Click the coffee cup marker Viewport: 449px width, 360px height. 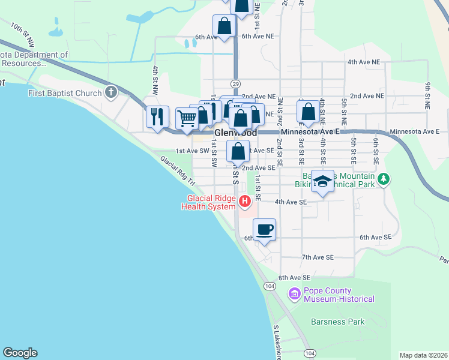(264, 229)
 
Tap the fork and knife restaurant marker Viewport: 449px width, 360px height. (157, 116)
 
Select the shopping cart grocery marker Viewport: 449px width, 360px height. (187, 119)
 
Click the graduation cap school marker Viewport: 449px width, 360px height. (322, 182)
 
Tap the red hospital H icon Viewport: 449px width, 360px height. (244, 201)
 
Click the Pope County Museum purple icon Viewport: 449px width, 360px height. (294, 294)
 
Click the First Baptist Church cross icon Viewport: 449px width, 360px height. (110, 92)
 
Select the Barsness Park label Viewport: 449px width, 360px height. (337, 322)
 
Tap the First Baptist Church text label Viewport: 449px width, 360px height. (64, 93)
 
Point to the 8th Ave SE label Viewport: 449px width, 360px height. (294, 278)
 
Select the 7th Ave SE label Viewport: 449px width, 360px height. (317, 257)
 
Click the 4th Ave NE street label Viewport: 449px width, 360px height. (364, 62)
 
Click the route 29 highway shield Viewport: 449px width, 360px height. (235, 83)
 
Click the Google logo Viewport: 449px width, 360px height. (20, 353)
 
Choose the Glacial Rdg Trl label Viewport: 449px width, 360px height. (178, 171)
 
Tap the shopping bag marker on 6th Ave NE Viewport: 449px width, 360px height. (224, 27)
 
